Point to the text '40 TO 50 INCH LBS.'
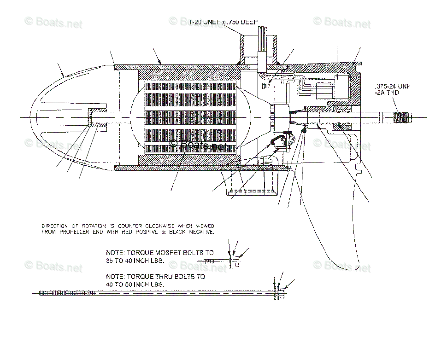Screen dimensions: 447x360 tap(135, 285)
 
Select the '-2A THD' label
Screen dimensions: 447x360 tap(387, 93)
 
